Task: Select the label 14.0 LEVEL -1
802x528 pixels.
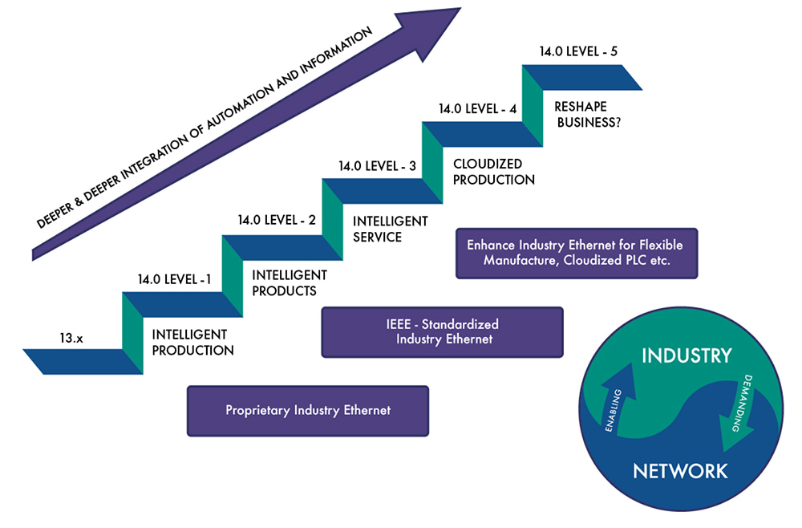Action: click(x=174, y=280)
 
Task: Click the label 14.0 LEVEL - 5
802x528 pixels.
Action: click(x=578, y=52)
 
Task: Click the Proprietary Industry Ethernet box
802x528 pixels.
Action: click(x=308, y=411)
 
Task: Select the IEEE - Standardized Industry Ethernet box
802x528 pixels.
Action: click(x=442, y=331)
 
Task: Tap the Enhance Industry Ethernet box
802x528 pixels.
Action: click(x=576, y=253)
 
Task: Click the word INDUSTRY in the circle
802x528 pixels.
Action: click(x=686, y=355)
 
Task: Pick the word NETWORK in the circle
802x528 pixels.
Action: click(x=680, y=470)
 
